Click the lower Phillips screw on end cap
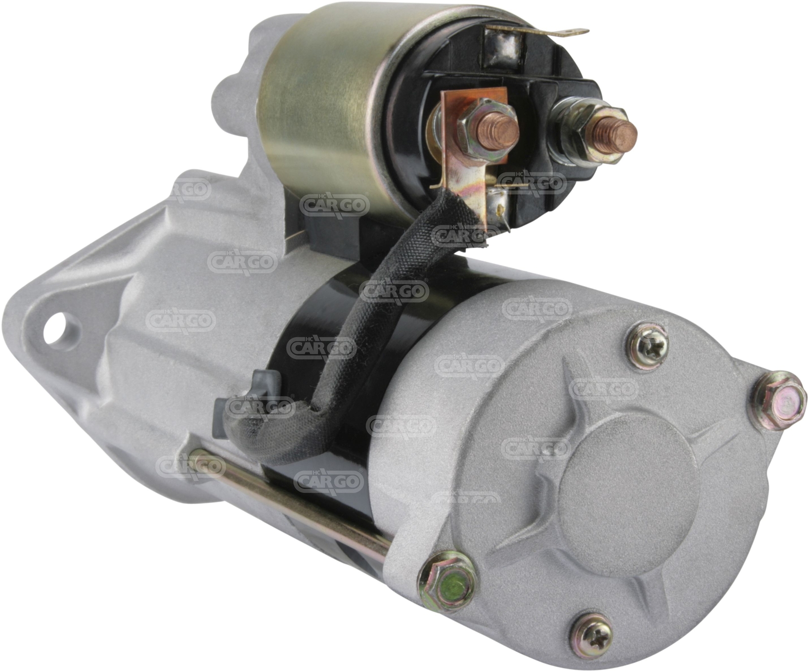[x=591, y=632]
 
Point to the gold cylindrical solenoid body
[x=324, y=106]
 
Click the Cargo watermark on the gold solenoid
[x=334, y=205]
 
